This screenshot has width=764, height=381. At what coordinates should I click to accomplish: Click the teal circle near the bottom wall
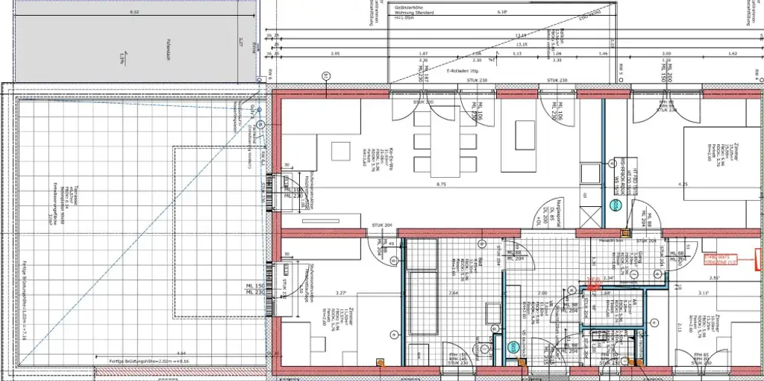tap(513, 346)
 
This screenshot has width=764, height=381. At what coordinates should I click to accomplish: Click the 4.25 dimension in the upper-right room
tap(663, 184)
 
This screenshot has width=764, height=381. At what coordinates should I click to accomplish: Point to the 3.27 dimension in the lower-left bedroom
tap(342, 293)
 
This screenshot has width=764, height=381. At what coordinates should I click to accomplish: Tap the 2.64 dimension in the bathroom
tap(452, 293)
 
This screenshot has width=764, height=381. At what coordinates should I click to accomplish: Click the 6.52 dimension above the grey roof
tap(134, 13)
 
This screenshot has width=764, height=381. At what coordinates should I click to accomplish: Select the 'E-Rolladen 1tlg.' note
tap(463, 70)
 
